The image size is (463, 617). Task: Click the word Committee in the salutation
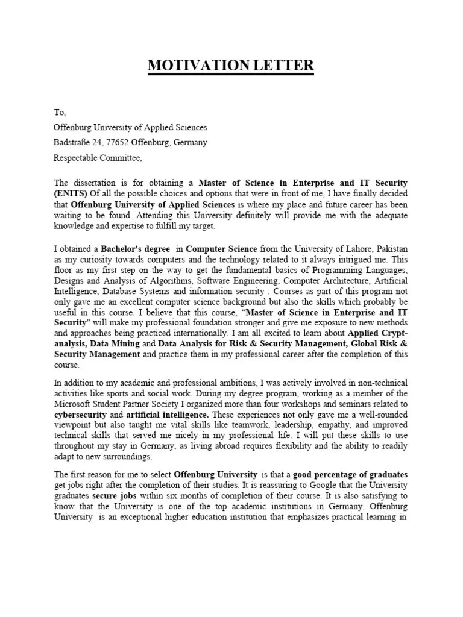[x=124, y=158]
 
